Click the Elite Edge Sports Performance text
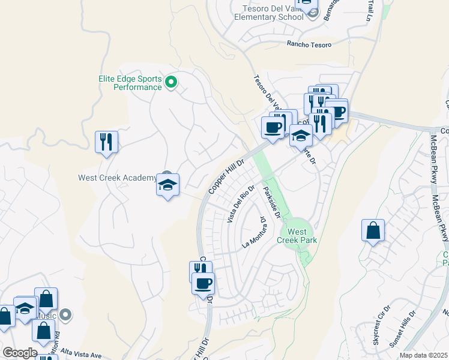pos(130,83)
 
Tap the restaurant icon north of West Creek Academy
pos(106,142)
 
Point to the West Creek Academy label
pos(116,178)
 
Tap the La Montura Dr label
pos(255,234)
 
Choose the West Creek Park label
pos(297,236)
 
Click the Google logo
pos(19,353)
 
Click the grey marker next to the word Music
pos(66,314)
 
